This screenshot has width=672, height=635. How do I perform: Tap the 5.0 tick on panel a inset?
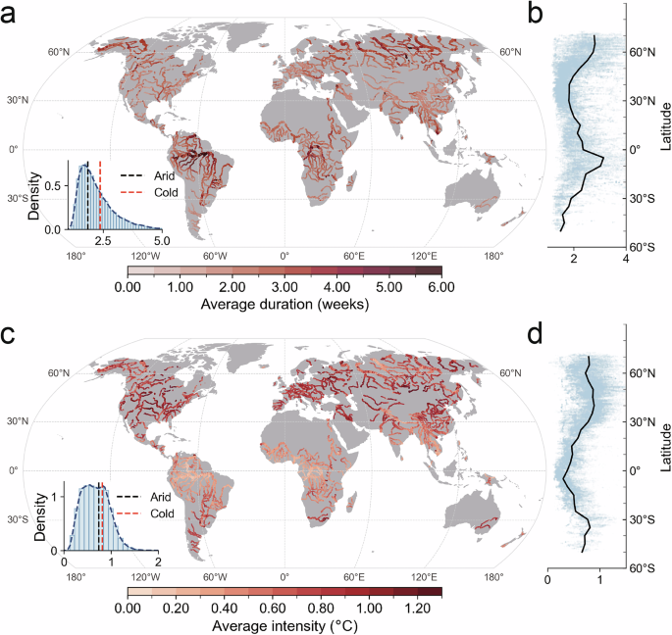pyautogui.click(x=162, y=240)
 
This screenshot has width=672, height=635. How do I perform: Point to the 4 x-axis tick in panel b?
pyautogui.click(x=627, y=261)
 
